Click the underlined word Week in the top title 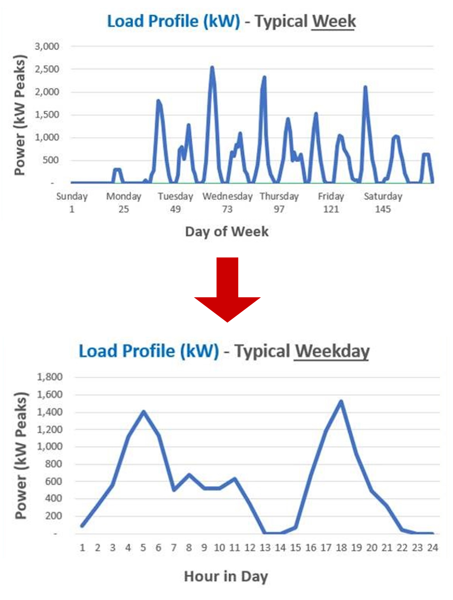pyautogui.click(x=333, y=21)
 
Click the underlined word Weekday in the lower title pyautogui.click(x=332, y=351)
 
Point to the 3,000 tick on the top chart pyautogui.click(x=47, y=46)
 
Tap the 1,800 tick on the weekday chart pyautogui.click(x=49, y=377)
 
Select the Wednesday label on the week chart pyautogui.click(x=227, y=196)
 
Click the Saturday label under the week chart pyautogui.click(x=383, y=196)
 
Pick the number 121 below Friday pyautogui.click(x=331, y=209)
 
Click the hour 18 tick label pyautogui.click(x=341, y=548)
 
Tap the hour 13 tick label pyautogui.click(x=265, y=548)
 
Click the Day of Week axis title pyautogui.click(x=226, y=232)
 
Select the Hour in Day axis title pyautogui.click(x=226, y=576)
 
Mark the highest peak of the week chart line pyautogui.click(x=212, y=68)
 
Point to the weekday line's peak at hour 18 pyautogui.click(x=341, y=401)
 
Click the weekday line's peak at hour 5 pyautogui.click(x=144, y=412)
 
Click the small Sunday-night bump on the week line pyautogui.click(x=117, y=170)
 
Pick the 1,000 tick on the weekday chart pyautogui.click(x=49, y=447)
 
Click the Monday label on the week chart pyautogui.click(x=124, y=196)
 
